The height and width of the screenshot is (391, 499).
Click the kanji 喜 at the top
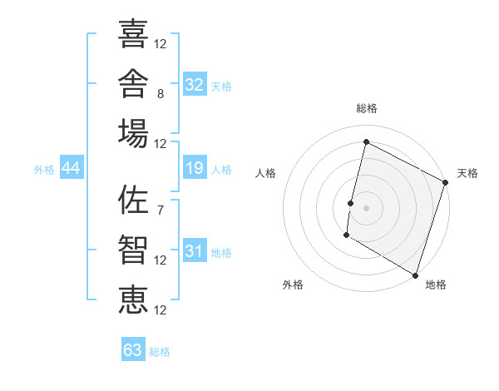[x=133, y=33]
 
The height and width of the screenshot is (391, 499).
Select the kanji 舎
[x=133, y=83]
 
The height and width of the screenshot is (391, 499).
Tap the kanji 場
[x=133, y=133]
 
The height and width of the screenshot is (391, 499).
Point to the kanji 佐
[x=133, y=200]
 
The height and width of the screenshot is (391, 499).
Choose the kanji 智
[x=133, y=250]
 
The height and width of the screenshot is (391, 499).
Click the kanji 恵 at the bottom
[x=133, y=299]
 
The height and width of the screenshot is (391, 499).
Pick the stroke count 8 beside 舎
[x=161, y=94]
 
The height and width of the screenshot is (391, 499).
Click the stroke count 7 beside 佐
[x=161, y=210]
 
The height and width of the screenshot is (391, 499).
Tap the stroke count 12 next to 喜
[x=160, y=44]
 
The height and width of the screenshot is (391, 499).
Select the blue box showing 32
[x=195, y=84]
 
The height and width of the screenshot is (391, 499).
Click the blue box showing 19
[x=195, y=167]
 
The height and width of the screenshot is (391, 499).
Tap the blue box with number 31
[x=195, y=250]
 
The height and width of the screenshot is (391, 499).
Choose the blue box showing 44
[x=72, y=167]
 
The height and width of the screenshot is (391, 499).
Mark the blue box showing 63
[x=133, y=349]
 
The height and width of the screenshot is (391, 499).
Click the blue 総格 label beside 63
[x=160, y=352]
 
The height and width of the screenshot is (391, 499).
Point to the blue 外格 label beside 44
[x=44, y=170]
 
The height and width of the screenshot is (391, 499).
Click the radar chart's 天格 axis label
[x=467, y=173]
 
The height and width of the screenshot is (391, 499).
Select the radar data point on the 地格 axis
[x=415, y=275]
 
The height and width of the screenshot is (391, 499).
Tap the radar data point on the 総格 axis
[x=366, y=141]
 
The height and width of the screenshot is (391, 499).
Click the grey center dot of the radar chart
[x=366, y=208]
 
